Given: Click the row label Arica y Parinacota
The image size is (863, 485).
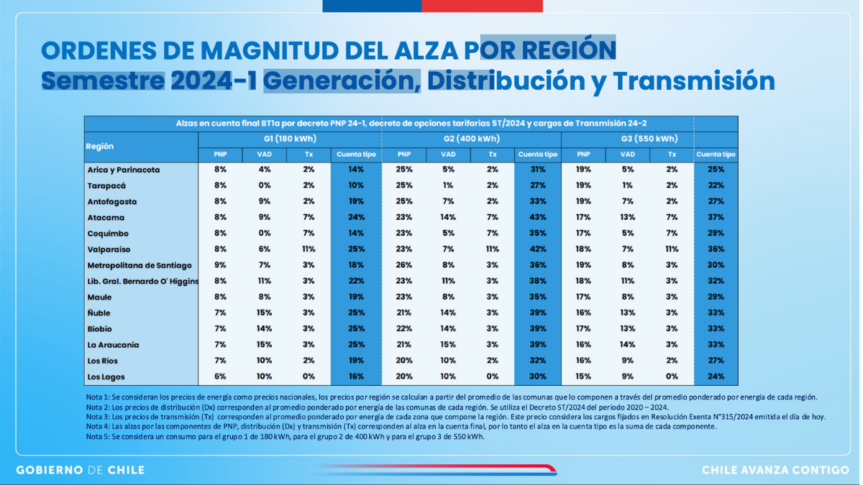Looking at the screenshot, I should [x=123, y=170].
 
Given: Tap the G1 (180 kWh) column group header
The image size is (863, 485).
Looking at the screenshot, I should [x=290, y=139].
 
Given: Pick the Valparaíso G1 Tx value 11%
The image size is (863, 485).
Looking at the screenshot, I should [x=309, y=249].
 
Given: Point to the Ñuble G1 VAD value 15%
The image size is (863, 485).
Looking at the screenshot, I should [x=264, y=313].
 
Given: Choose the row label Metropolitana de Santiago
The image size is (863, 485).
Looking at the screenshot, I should [x=140, y=266].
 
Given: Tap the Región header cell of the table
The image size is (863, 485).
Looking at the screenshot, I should [x=100, y=146].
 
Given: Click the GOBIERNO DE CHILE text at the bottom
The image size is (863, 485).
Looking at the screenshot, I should [x=80, y=470].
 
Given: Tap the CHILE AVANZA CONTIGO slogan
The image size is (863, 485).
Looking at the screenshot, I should [x=775, y=470].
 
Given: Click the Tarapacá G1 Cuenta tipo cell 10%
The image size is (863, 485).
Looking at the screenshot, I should [x=355, y=186].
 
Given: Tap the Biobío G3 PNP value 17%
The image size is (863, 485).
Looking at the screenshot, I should [x=583, y=329].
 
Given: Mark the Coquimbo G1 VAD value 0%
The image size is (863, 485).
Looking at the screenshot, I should [x=264, y=234].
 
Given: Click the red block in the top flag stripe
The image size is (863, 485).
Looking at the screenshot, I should [x=482, y=6].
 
